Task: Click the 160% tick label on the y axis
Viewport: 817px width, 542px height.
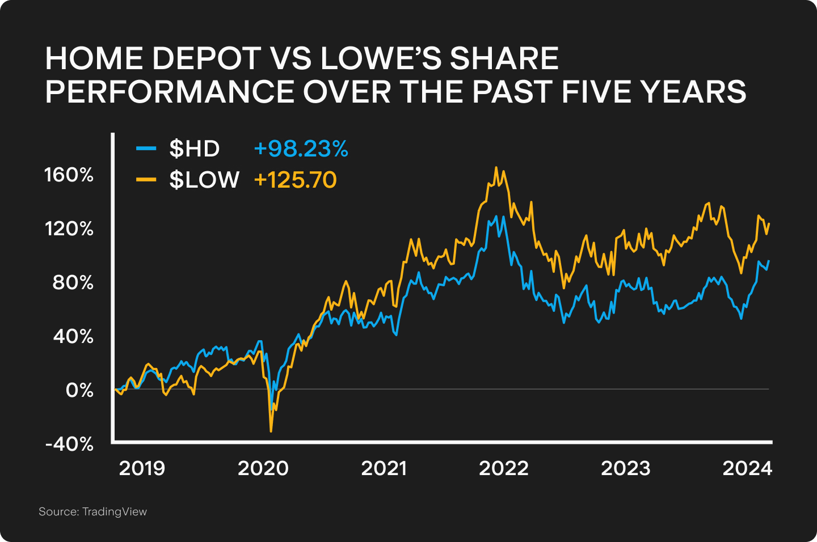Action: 69,175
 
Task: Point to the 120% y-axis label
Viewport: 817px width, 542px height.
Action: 69,228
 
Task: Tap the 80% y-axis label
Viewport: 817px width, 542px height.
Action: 73,282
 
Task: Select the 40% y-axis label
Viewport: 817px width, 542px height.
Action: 73,336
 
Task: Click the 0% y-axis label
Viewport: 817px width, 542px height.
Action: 79,390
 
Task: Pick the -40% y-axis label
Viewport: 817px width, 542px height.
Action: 69,444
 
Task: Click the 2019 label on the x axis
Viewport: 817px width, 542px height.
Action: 142,468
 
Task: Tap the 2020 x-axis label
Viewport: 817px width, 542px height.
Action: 263,468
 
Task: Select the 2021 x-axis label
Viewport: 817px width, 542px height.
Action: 384,468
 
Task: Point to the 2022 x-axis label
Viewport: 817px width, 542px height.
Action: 504,468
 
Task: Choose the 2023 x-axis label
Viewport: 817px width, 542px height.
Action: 626,468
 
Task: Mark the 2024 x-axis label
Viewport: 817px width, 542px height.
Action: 747,468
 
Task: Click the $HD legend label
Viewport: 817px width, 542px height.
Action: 195,149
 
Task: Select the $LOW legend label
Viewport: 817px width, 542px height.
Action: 204,180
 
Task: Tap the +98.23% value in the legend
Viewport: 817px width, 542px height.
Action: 301,149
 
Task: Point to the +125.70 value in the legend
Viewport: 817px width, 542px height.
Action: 295,180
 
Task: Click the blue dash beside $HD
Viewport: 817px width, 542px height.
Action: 146,149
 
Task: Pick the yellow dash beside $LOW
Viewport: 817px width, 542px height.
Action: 146,180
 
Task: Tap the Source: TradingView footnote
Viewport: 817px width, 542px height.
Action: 92,511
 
